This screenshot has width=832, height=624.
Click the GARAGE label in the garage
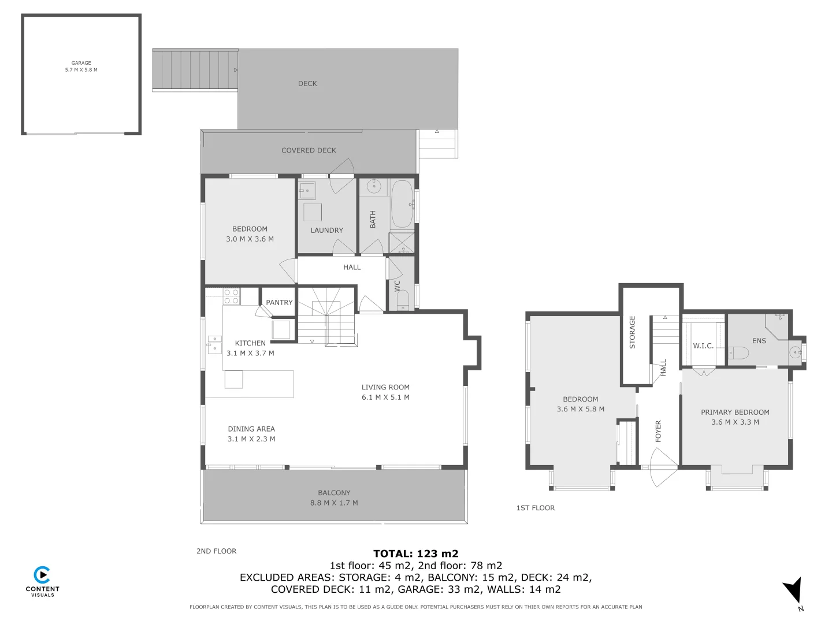point(81,63)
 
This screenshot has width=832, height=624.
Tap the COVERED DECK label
point(309,150)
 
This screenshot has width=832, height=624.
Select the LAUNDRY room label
point(326,230)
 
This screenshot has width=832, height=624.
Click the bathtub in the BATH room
point(402,204)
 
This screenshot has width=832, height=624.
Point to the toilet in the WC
point(403,299)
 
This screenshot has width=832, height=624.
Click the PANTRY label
point(279,302)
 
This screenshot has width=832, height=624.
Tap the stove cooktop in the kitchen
point(231,296)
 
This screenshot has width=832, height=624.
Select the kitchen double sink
point(214,344)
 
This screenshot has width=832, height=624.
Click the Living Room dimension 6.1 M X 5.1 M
point(385,398)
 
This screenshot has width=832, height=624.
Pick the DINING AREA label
point(251,429)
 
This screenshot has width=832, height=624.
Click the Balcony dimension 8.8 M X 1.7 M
point(334,503)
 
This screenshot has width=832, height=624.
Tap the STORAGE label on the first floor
point(632,332)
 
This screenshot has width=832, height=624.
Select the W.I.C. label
point(703,346)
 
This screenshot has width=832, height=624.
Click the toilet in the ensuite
point(737,352)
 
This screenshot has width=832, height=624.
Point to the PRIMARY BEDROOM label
point(735,412)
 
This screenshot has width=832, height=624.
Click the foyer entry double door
point(663,467)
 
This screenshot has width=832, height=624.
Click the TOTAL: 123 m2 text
point(415,554)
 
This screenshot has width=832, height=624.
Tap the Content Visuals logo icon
point(42,575)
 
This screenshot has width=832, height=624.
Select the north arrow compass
point(794,592)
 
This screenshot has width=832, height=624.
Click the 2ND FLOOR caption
point(216,551)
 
